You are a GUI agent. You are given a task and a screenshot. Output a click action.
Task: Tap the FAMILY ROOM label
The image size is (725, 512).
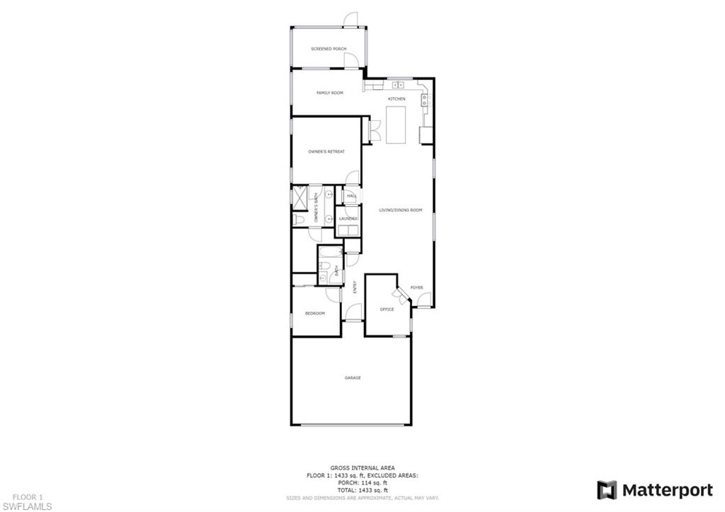click(329, 93)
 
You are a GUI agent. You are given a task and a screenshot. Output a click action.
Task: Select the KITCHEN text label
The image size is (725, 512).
click(396, 98)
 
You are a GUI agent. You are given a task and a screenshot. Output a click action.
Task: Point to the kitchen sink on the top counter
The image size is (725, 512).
click(397, 85)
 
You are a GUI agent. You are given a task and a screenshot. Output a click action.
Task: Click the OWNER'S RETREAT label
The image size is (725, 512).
click(326, 152)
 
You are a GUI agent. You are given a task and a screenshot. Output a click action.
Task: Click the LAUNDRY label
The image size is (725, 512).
click(348, 219)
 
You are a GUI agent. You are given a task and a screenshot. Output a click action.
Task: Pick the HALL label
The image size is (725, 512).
click(351, 196)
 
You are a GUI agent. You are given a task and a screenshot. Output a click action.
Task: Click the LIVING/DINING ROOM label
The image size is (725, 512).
click(400, 210)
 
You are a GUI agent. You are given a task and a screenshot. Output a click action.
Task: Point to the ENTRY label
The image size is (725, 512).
click(355, 287)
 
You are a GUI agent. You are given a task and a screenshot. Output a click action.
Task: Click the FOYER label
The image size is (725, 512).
click(416, 288)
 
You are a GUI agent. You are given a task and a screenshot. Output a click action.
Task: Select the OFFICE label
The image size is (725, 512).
click(387, 309)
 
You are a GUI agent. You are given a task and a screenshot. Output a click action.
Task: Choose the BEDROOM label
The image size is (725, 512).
click(315, 313)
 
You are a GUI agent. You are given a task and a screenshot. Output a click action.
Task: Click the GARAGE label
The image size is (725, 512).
click(353, 378)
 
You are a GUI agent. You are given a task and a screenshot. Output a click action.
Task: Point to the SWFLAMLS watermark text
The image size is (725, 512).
click(28, 506)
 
